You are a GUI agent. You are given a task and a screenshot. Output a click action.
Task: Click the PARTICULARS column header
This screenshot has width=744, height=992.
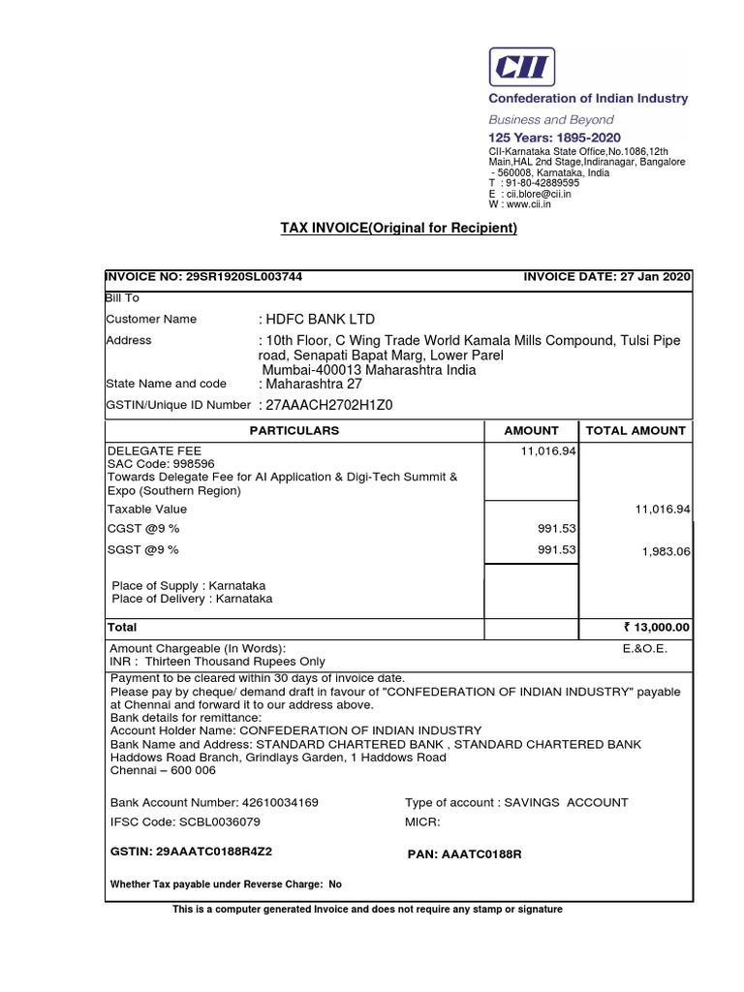coord(294,430)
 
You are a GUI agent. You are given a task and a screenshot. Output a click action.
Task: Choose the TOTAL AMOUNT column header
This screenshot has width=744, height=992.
coord(634,430)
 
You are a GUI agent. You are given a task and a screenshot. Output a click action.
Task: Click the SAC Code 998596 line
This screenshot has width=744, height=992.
coord(151,464)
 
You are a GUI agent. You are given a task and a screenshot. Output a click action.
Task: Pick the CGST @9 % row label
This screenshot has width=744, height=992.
coord(143,529)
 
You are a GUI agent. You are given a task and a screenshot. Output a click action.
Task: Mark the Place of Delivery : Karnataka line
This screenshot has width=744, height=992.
coord(193,599)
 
